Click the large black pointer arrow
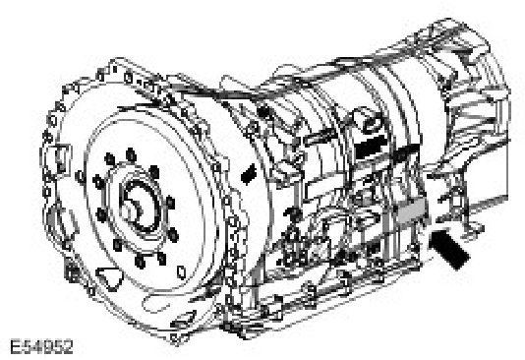click(448, 247)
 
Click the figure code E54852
click(42, 347)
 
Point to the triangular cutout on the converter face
click(110, 278)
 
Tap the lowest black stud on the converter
click(141, 262)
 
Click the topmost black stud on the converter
click(131, 154)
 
